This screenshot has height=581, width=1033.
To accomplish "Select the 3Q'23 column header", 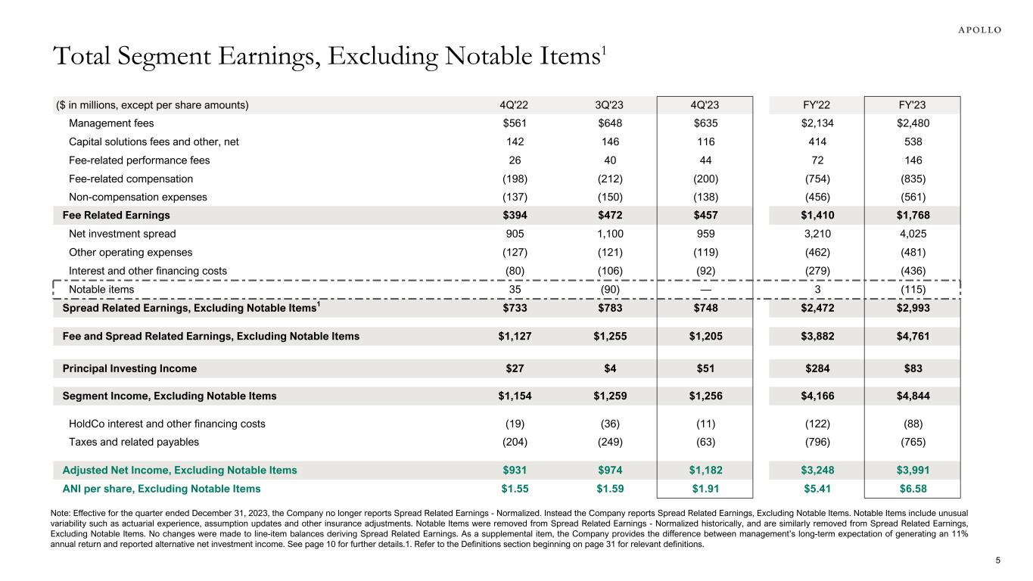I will tap(609, 105).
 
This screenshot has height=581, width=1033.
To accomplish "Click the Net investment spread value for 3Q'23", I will tap(609, 234).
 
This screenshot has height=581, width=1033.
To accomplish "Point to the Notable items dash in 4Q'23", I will tap(705, 289).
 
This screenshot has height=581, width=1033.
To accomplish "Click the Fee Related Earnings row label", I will tap(116, 216).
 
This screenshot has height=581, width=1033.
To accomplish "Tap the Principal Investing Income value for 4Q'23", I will tap(705, 368).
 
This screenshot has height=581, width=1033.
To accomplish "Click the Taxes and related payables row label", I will tap(134, 443).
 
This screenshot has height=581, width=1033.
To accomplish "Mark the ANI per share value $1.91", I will tap(705, 489).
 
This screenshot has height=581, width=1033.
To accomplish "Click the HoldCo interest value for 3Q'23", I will tap(609, 424).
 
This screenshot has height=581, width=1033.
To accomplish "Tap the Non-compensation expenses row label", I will tap(138, 197).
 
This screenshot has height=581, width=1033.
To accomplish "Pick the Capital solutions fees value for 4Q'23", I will tap(705, 142).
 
